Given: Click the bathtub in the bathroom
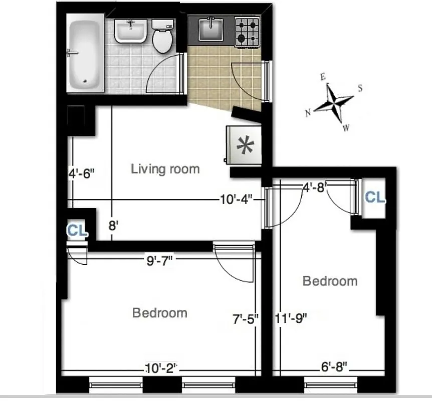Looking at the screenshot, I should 85,55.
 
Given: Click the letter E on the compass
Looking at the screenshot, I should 324,77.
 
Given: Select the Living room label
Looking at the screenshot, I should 165,169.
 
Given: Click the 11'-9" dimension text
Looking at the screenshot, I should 291,318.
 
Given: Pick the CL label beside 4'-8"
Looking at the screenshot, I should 374,197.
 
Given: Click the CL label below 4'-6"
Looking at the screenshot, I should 77,231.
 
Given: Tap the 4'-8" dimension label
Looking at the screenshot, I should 315,187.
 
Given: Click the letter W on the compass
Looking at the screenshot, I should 346,128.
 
